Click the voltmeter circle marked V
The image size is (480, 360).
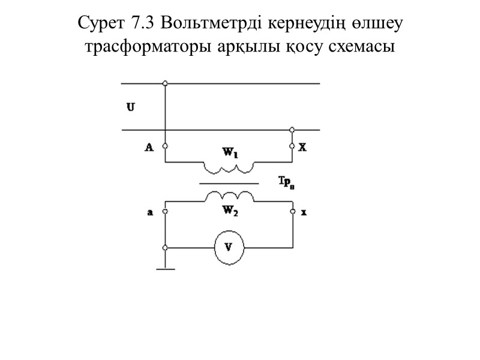click(229, 247)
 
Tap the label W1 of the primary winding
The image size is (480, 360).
click(230, 154)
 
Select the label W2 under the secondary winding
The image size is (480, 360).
click(230, 210)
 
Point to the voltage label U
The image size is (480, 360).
click(130, 107)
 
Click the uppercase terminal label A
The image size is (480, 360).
click(149, 146)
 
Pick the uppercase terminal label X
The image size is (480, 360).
click(302, 146)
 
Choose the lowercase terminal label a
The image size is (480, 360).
click(149, 211)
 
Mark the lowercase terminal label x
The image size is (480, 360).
click(303, 211)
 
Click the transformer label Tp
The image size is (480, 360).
click(287, 181)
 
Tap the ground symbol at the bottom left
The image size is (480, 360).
click(165, 268)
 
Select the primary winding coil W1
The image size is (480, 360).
click(230, 166)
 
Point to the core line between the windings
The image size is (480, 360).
click(230, 183)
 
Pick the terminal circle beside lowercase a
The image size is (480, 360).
click(165, 211)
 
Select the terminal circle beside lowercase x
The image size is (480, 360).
click(293, 211)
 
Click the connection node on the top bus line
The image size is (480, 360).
click(165, 83)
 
